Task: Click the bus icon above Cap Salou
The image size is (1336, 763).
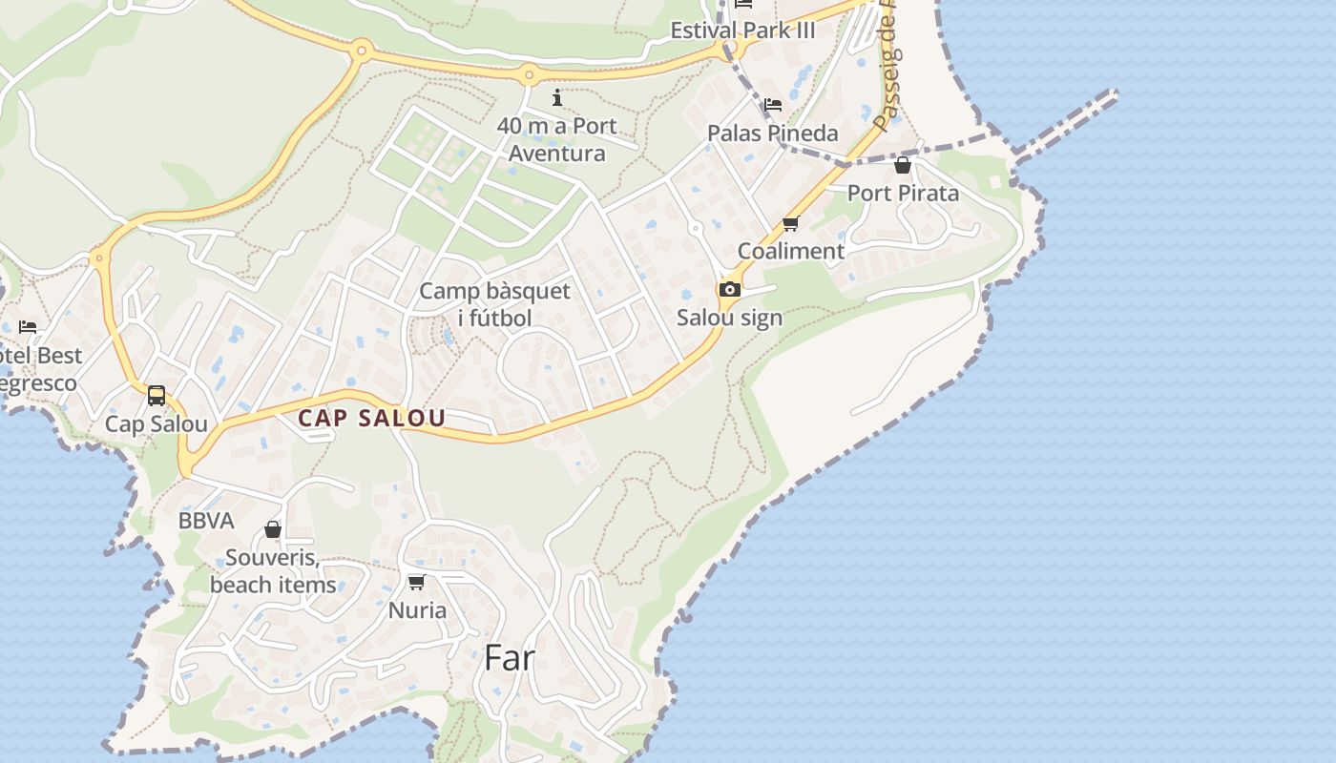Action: tap(157, 395)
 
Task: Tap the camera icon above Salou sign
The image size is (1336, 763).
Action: tap(729, 289)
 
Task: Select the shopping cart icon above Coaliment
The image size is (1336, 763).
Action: tap(790, 224)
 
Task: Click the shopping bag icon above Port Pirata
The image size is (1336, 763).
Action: tap(903, 166)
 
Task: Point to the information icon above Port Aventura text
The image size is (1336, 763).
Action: tap(557, 97)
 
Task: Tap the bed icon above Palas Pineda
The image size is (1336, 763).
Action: tap(773, 104)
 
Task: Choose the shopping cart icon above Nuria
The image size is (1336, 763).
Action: tap(416, 582)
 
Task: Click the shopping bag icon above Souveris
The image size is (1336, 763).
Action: tap(273, 529)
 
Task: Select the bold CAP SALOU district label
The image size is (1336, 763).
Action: tap(371, 418)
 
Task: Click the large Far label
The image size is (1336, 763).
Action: tap(510, 657)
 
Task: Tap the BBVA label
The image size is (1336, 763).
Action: tap(206, 521)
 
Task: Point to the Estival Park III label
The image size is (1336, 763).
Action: tap(742, 30)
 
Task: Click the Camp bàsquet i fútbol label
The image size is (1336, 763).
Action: tap(494, 304)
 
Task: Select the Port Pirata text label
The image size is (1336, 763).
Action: tap(903, 193)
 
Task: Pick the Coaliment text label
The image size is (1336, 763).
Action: tap(791, 251)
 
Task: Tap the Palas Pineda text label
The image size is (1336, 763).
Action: tap(773, 133)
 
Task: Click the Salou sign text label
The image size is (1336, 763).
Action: tap(729, 318)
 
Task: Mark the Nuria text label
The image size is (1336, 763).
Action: tap(417, 609)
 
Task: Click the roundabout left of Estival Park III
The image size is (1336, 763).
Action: tap(529, 72)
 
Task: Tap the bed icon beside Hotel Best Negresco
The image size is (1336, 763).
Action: tap(28, 326)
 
